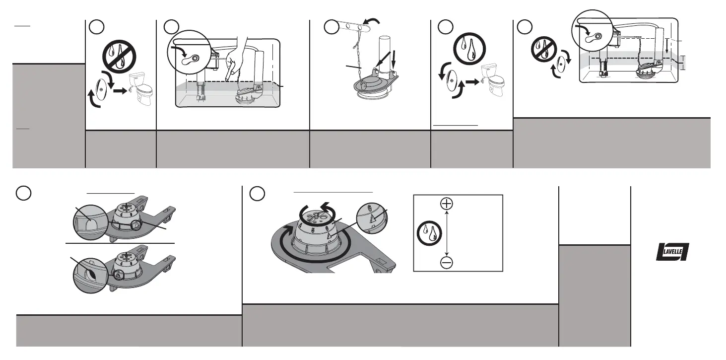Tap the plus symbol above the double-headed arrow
click(447, 204)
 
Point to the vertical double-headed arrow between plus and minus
click(447, 233)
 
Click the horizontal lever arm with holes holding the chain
click(355, 26)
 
